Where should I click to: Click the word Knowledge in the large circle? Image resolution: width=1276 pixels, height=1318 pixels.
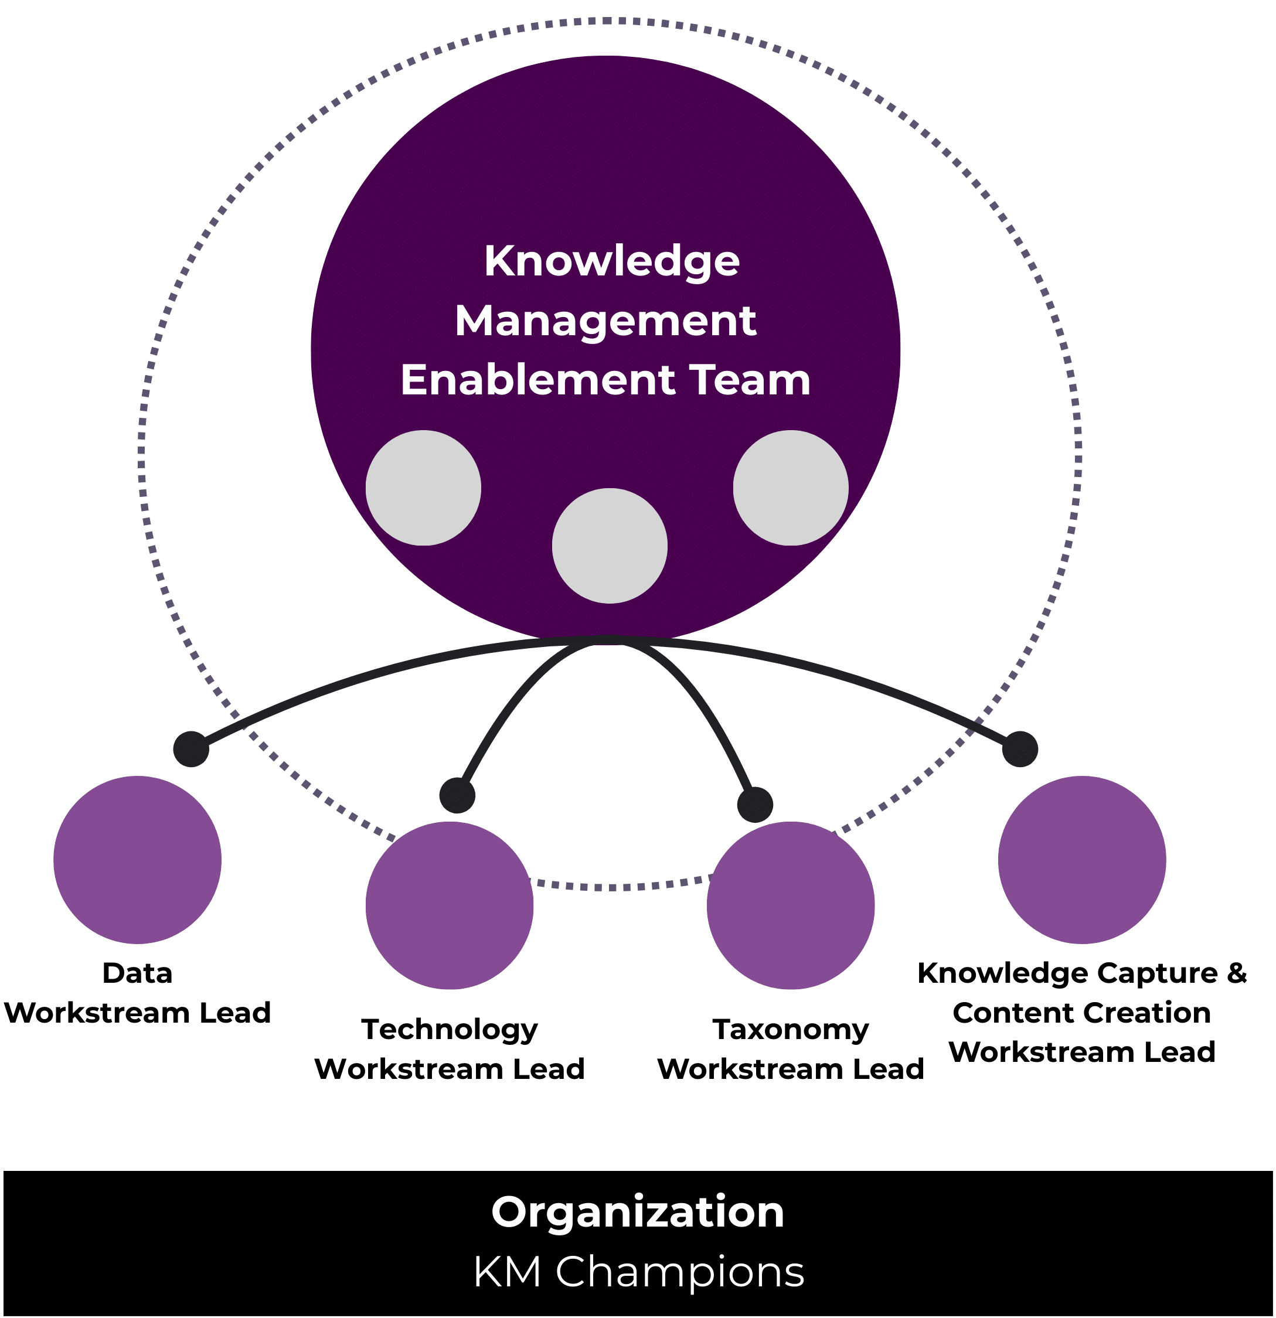coord(611,261)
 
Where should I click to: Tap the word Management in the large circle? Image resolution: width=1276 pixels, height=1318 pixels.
coord(605,321)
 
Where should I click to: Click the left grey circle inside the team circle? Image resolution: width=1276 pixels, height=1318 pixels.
coord(423,488)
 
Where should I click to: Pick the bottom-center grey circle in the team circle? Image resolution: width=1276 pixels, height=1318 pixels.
coord(610,546)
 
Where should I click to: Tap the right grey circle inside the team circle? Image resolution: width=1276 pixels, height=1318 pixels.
coord(790,488)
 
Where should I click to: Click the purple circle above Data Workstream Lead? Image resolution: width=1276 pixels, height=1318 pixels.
coord(137,859)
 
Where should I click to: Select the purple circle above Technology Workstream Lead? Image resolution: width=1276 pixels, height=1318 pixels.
coord(450,905)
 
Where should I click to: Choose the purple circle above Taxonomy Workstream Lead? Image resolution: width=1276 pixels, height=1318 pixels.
coord(790,905)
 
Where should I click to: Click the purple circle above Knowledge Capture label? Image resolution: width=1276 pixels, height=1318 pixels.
coord(1081,859)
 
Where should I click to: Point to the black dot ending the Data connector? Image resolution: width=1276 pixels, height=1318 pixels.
coord(191,749)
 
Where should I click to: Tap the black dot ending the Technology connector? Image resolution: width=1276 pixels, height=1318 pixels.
coord(457,795)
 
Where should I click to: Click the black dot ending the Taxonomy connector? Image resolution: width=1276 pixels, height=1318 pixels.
coord(755,804)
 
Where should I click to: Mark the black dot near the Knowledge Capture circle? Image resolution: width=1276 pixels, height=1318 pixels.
coord(1020,749)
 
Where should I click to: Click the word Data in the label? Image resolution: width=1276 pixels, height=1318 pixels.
coord(137,973)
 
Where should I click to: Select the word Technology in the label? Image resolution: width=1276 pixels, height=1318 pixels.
coord(450,1030)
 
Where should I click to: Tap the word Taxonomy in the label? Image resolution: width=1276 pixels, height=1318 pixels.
coord(790,1030)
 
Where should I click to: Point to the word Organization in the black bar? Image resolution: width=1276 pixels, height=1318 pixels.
coord(638,1213)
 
